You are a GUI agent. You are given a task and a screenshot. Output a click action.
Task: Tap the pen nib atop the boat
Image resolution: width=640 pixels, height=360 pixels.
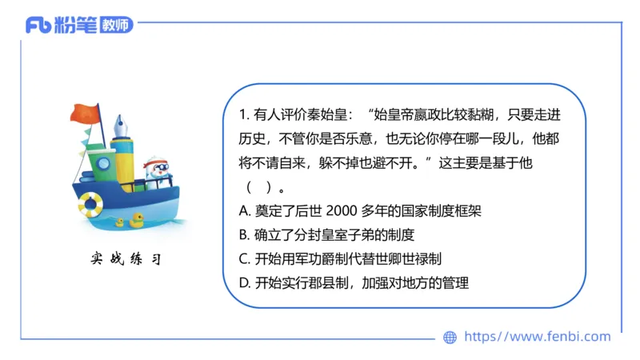coord(123,126)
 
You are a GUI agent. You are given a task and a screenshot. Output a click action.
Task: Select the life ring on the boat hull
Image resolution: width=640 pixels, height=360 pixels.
coord(90,204)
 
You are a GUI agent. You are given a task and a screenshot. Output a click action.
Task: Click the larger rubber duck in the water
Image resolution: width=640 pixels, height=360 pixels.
coord(137,218)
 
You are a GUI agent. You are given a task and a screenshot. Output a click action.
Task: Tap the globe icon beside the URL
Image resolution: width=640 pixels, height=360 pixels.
coord(450,337)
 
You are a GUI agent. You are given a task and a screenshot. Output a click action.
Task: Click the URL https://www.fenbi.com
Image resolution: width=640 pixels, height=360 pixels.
coord(537,337)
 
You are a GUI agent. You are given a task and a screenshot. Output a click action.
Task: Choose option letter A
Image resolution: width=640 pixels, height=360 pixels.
coord(245,211)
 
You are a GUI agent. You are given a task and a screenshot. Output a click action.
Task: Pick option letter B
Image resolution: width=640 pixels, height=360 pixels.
coord(245,234)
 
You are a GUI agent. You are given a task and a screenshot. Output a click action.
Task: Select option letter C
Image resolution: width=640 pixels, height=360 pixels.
coord(245,258)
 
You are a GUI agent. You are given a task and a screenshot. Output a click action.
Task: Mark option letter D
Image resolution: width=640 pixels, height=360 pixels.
coord(245,282)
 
